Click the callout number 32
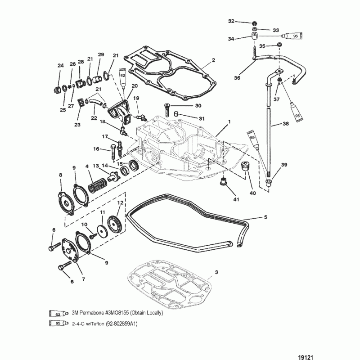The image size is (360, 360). click(x=231, y=21)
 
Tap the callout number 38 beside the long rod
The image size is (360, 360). click(x=285, y=123)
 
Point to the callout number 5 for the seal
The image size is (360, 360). click(x=265, y=217)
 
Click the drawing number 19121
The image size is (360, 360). click(x=306, y=357)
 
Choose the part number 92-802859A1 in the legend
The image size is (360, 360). click(x=124, y=324)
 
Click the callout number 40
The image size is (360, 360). click(x=252, y=193)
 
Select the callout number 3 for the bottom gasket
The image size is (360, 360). click(x=216, y=272)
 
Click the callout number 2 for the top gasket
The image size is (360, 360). click(x=213, y=60)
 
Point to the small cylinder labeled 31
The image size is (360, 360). click(x=176, y=114)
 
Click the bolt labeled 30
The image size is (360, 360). click(x=166, y=110)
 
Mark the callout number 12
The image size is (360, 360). click(x=120, y=203)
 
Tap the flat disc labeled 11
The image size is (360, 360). click(x=103, y=231)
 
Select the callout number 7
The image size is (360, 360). click(x=84, y=279)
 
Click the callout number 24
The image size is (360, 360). click(x=61, y=66)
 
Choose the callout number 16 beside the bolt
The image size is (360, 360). click(x=96, y=149)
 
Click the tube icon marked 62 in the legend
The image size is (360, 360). click(x=59, y=313)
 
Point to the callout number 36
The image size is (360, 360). click(x=237, y=78)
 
